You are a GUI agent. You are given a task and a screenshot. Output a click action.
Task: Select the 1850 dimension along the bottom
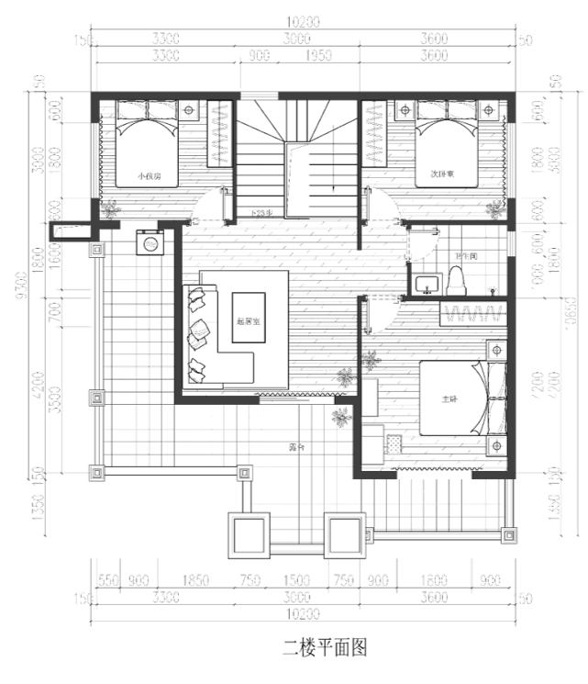click(x=196, y=579)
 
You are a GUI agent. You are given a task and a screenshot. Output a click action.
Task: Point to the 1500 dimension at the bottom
click(x=295, y=579)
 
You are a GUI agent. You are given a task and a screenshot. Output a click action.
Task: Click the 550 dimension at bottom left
click(x=109, y=579)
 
